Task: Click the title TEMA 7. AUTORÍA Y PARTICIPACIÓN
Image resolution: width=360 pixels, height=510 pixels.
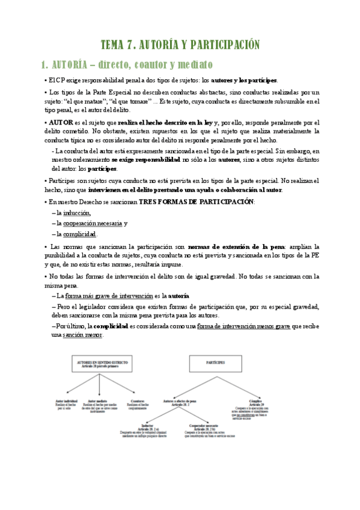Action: click(180, 45)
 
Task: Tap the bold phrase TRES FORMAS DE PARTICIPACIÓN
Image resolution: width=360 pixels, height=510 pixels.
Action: click(197, 201)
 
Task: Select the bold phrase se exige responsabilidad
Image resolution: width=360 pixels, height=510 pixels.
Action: click(145, 160)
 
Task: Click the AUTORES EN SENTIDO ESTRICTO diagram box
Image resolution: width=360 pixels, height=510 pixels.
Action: click(97, 366)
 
